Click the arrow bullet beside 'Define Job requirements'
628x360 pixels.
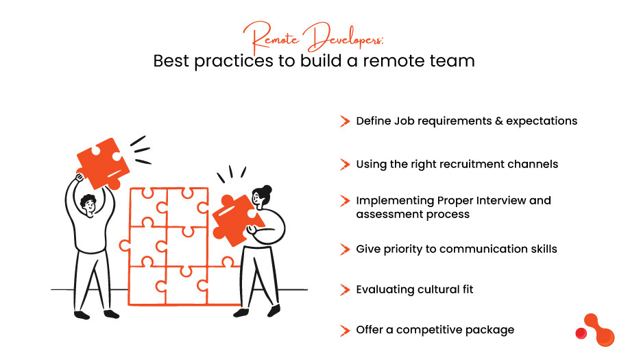345,121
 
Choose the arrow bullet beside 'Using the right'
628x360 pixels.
345,165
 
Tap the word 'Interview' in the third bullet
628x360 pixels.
500,201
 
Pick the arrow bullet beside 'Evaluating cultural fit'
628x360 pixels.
345,289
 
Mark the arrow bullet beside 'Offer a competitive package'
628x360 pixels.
345,331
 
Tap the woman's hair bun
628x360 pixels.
267,190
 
